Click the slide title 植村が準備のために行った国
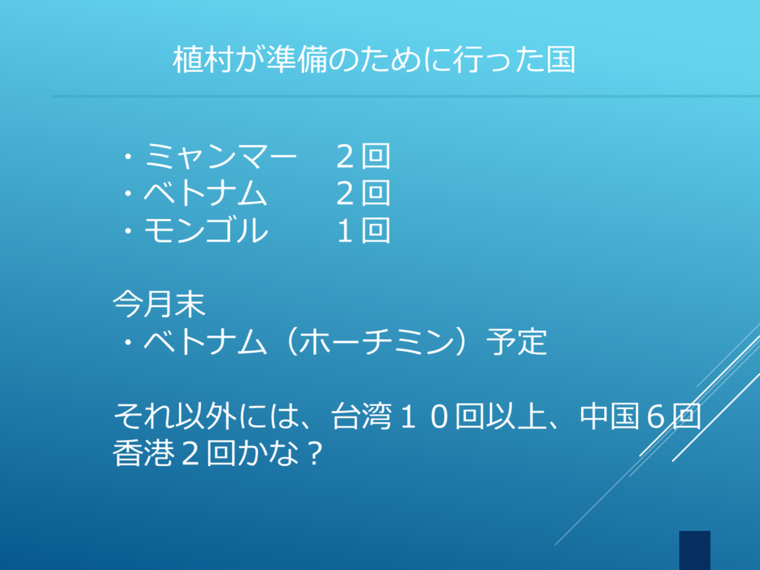click(x=374, y=59)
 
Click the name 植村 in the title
click(x=203, y=59)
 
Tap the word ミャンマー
click(x=220, y=156)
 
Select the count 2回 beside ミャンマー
click(x=364, y=156)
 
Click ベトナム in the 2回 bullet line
click(x=205, y=193)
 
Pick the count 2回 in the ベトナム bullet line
click(x=364, y=193)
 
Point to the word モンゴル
click(x=206, y=230)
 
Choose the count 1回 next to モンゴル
click(x=364, y=230)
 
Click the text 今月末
click(x=159, y=304)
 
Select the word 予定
click(x=517, y=341)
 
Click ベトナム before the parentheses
click(x=205, y=341)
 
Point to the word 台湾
click(x=361, y=416)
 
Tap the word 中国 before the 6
click(x=610, y=416)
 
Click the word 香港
click(x=143, y=453)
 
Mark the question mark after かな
click(x=315, y=453)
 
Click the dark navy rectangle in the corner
click(x=695, y=550)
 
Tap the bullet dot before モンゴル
click(x=128, y=232)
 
